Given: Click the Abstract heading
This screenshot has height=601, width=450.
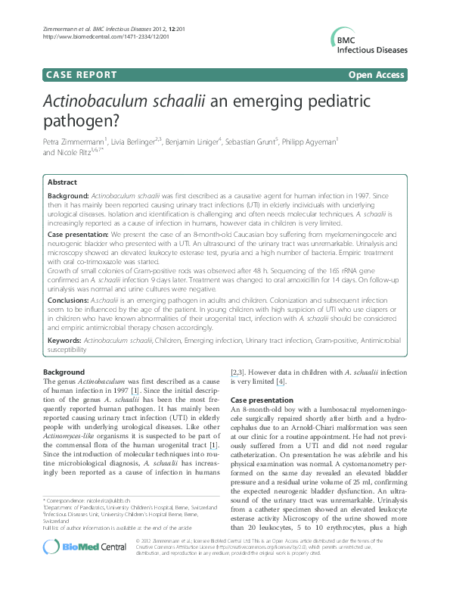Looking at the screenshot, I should pyautogui.click(x=62, y=182).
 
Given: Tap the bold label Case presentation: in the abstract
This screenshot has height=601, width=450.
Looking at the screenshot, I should pyautogui.click(x=79, y=236).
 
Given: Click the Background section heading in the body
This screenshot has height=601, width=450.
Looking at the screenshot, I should pyautogui.click(x=64, y=373).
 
